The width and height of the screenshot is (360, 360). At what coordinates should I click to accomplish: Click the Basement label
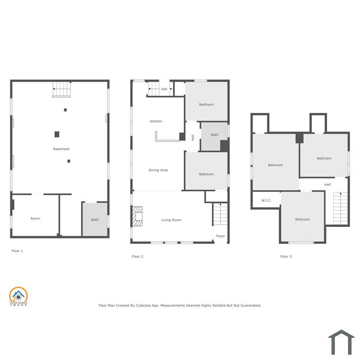[61, 149]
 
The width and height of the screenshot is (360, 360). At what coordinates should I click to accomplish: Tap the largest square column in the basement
[57, 134]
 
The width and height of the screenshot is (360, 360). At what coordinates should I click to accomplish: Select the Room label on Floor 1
[35, 219]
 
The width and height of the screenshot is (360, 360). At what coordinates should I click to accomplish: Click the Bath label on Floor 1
[95, 220]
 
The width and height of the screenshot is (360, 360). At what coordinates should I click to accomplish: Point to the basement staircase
[61, 89]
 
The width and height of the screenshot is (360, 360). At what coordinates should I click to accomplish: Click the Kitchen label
[156, 121]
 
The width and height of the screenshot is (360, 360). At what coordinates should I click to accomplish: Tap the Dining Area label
[158, 170]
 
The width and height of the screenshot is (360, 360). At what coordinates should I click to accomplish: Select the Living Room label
[171, 220]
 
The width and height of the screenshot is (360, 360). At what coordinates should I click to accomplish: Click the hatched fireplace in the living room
[137, 217]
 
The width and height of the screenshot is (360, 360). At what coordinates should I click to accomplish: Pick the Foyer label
[221, 236]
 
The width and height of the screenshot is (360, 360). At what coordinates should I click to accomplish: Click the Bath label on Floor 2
[214, 135]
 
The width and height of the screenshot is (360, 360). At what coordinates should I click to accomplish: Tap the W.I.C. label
[266, 201]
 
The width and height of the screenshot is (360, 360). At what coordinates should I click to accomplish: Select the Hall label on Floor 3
[328, 184]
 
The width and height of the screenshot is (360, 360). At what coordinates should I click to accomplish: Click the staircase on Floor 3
[340, 208]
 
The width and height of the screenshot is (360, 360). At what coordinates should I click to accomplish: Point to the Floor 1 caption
[17, 251]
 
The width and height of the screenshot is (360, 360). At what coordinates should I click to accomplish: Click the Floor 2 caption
[137, 257]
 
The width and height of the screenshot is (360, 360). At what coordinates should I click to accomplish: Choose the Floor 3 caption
[286, 257]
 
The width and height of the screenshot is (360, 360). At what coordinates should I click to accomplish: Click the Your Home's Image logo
[19, 296]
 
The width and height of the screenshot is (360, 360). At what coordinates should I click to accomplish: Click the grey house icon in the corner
[341, 342]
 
